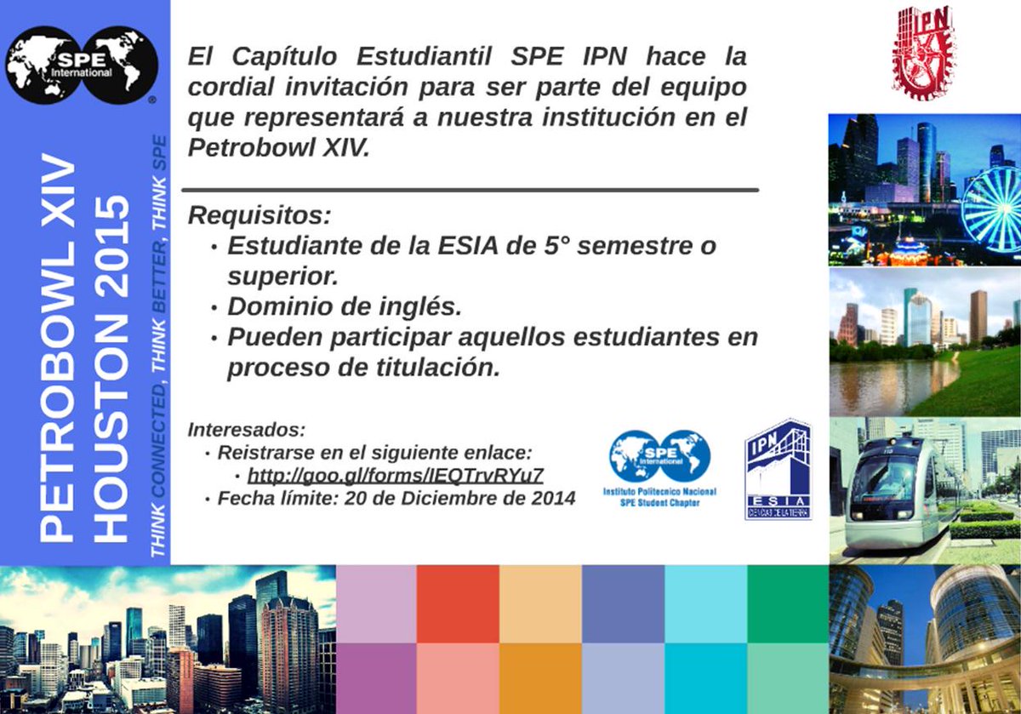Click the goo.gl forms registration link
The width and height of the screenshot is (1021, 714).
point(395,475)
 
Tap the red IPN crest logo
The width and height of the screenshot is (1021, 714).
point(923,53)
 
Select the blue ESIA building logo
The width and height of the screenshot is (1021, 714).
point(778,469)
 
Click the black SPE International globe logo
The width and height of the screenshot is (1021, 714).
point(82,65)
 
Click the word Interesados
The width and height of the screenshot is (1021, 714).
point(247,428)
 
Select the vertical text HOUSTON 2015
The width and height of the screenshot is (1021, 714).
point(111,368)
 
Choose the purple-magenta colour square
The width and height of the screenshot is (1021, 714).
point(375,678)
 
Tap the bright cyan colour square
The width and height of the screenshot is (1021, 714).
point(705,678)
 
